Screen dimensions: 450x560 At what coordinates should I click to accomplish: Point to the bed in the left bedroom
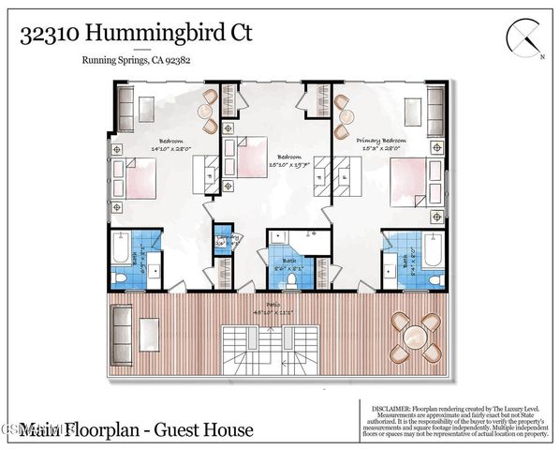138,179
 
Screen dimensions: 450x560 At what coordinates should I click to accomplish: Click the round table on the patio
417,333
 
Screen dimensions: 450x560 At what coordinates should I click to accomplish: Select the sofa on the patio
121,328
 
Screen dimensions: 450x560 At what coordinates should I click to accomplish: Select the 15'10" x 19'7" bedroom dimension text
279,163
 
